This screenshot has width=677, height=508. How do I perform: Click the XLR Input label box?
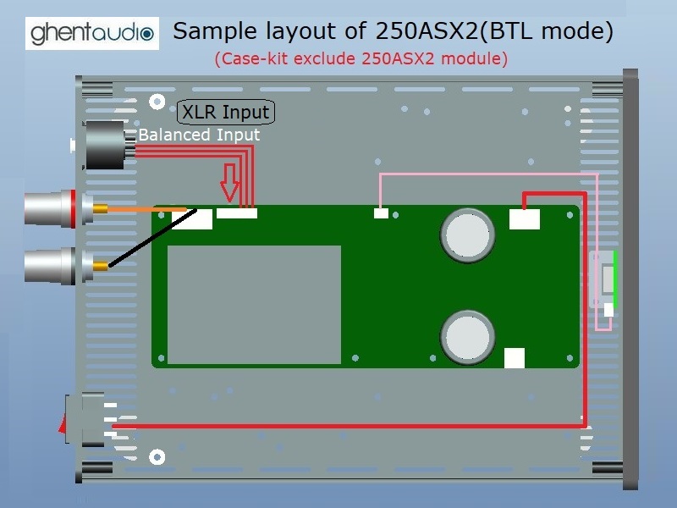point(226,112)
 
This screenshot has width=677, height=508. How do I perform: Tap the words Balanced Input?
point(199,135)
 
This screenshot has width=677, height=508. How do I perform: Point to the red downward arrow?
point(229,182)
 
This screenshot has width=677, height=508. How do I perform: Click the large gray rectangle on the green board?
point(254,304)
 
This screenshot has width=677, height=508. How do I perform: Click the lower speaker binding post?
point(55,266)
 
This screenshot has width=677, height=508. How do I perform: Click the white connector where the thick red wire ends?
point(525,219)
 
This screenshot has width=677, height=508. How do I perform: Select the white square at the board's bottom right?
point(515,358)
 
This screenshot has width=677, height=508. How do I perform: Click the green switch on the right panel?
point(615,279)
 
